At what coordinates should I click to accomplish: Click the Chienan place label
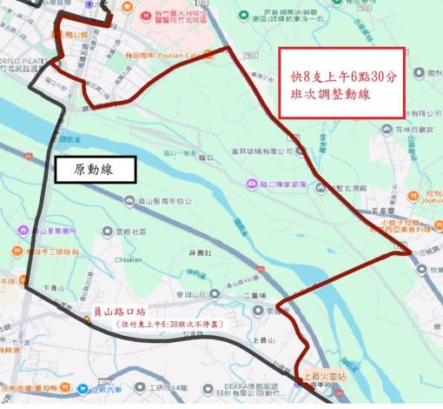[x=128, y=258]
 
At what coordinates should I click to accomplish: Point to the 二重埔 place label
[x=255, y=294]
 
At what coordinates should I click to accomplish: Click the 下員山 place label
[x=55, y=286]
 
